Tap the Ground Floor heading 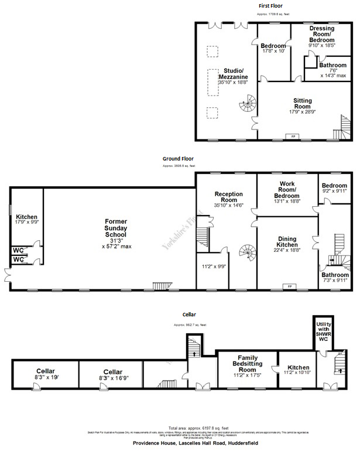coord(178,158)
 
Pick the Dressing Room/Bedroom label coord(322,34)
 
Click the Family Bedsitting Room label coord(248,363)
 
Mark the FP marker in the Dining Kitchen coord(287,286)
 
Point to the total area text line coord(198,428)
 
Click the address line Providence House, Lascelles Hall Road coord(198,444)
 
